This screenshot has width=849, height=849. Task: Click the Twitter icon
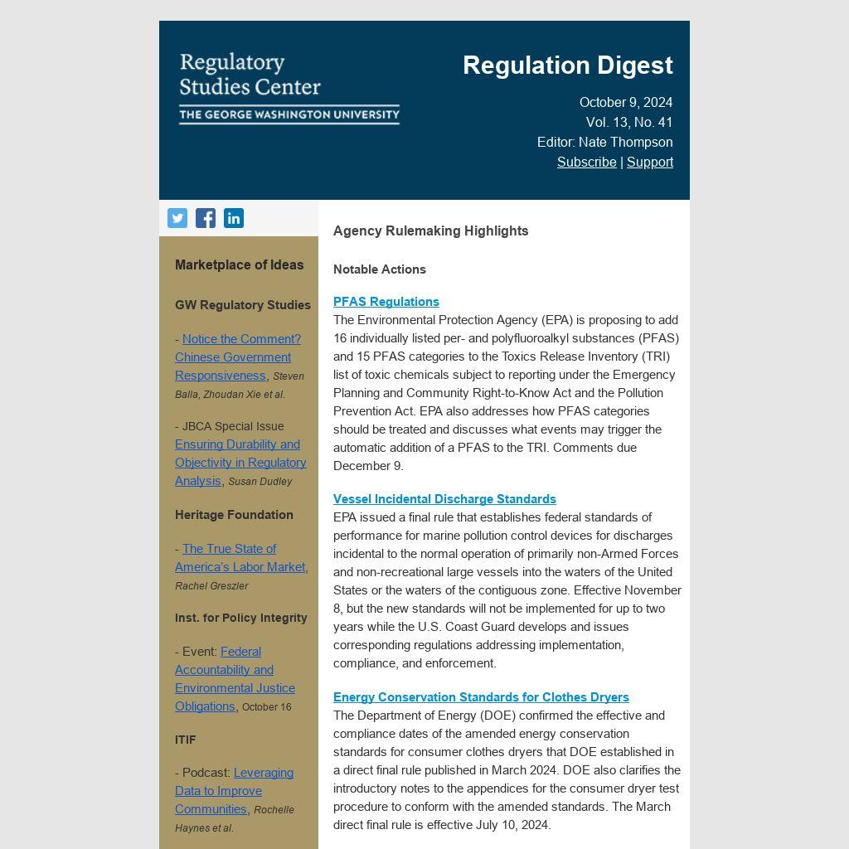click(177, 218)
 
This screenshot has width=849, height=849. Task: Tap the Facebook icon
click(206, 218)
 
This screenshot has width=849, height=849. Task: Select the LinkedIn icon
click(234, 218)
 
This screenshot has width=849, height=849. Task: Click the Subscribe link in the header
click(586, 162)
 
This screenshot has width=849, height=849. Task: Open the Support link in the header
click(650, 162)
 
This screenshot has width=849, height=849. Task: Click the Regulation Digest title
click(568, 65)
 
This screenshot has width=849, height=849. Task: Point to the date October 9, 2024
click(626, 102)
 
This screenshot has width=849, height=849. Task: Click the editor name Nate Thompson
click(626, 142)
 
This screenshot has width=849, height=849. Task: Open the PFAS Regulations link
click(386, 302)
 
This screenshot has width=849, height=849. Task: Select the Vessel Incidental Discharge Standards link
click(444, 499)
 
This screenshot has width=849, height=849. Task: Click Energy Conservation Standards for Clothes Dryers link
click(481, 697)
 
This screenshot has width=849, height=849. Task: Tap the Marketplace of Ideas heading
click(239, 265)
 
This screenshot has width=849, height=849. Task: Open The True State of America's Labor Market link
click(240, 558)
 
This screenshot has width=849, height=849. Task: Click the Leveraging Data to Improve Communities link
click(234, 791)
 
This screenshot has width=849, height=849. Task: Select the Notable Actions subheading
click(380, 269)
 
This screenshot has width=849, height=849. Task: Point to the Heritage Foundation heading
click(234, 515)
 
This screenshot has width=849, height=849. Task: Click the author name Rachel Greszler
click(211, 586)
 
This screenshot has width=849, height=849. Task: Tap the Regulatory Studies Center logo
click(289, 87)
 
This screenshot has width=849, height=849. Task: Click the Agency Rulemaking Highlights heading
click(430, 231)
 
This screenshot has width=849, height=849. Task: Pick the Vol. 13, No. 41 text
click(629, 122)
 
